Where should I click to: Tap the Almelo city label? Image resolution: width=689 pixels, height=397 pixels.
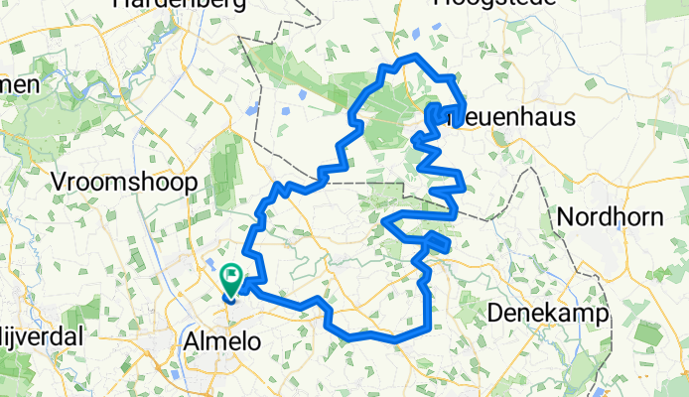[223, 341]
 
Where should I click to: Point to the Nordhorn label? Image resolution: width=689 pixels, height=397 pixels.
[610, 216]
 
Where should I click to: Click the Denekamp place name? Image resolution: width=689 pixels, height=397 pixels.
[549, 314]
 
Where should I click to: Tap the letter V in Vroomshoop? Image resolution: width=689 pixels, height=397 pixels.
[60, 182]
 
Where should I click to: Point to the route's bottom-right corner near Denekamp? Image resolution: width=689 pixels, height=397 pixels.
[429, 327]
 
